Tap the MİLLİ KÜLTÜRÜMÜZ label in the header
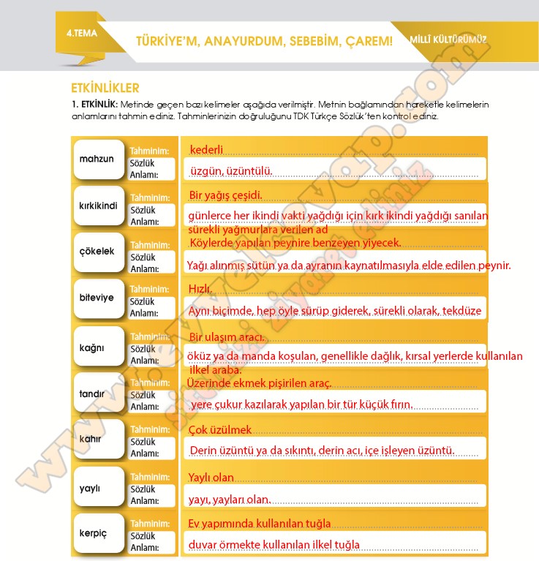(448, 40)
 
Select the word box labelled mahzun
(97, 159)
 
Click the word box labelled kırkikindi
(97, 206)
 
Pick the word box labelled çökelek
(97, 252)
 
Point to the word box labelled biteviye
(97, 298)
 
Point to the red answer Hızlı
(200, 289)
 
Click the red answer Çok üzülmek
(220, 430)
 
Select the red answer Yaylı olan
(211, 478)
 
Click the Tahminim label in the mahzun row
(149, 151)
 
